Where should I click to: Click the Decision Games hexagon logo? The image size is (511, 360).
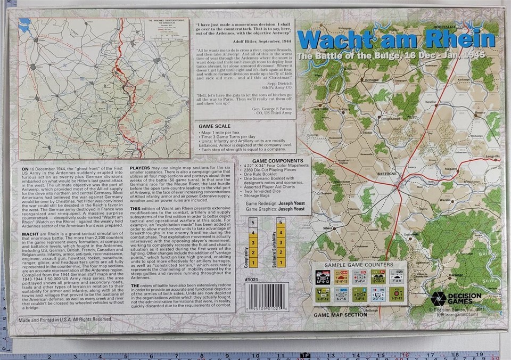click(439, 298)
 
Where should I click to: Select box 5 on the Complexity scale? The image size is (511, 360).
click(254, 222)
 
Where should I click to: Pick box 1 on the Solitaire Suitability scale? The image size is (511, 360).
click(281, 263)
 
